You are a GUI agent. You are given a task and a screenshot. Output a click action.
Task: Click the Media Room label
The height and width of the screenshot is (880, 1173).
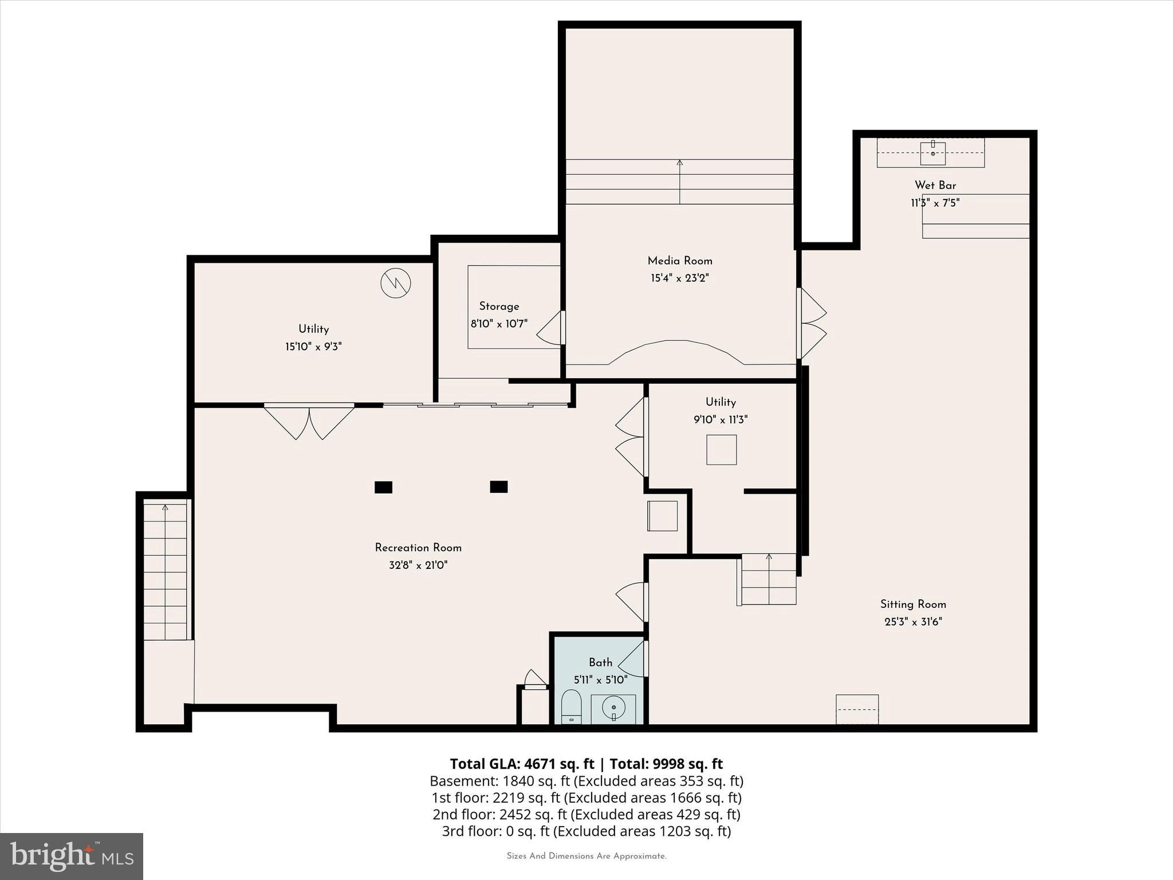(680, 261)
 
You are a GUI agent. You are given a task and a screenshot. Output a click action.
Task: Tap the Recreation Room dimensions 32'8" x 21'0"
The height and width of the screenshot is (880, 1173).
(418, 565)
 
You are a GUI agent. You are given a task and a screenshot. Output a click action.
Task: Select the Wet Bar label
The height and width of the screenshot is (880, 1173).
(935, 185)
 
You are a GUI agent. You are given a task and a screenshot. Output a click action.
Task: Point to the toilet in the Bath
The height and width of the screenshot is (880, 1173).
(571, 708)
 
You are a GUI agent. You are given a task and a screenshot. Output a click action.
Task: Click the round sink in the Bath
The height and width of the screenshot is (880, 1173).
(613, 709)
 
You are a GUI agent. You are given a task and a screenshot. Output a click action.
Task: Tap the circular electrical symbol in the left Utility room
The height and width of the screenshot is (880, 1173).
(396, 282)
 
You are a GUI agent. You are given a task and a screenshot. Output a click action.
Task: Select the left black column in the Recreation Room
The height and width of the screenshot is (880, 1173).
(383, 487)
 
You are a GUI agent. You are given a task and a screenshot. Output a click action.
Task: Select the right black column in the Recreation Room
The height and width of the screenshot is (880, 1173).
(498, 487)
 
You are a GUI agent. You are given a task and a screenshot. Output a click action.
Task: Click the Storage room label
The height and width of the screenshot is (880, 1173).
(499, 306)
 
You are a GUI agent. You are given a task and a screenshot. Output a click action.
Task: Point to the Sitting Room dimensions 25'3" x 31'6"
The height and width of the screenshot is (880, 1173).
(913, 622)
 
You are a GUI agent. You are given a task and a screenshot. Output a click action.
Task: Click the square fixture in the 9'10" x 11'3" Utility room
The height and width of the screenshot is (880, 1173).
(721, 450)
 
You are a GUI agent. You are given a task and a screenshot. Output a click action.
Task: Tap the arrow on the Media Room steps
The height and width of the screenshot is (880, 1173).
(680, 163)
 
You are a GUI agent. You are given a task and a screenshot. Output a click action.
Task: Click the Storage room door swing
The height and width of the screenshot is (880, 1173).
(550, 329)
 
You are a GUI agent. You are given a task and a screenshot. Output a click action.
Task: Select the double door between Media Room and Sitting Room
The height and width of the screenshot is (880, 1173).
(812, 324)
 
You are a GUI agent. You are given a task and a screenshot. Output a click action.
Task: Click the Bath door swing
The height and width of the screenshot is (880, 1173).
(632, 659)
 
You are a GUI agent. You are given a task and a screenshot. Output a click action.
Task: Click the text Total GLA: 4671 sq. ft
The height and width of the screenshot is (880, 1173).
(522, 764)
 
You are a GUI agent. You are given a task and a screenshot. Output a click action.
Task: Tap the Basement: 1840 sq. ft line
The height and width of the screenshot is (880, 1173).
(586, 781)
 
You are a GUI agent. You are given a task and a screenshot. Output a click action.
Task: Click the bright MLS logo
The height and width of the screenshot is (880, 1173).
(72, 857)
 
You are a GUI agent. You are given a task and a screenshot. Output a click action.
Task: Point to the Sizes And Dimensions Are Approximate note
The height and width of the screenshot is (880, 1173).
(586, 857)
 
